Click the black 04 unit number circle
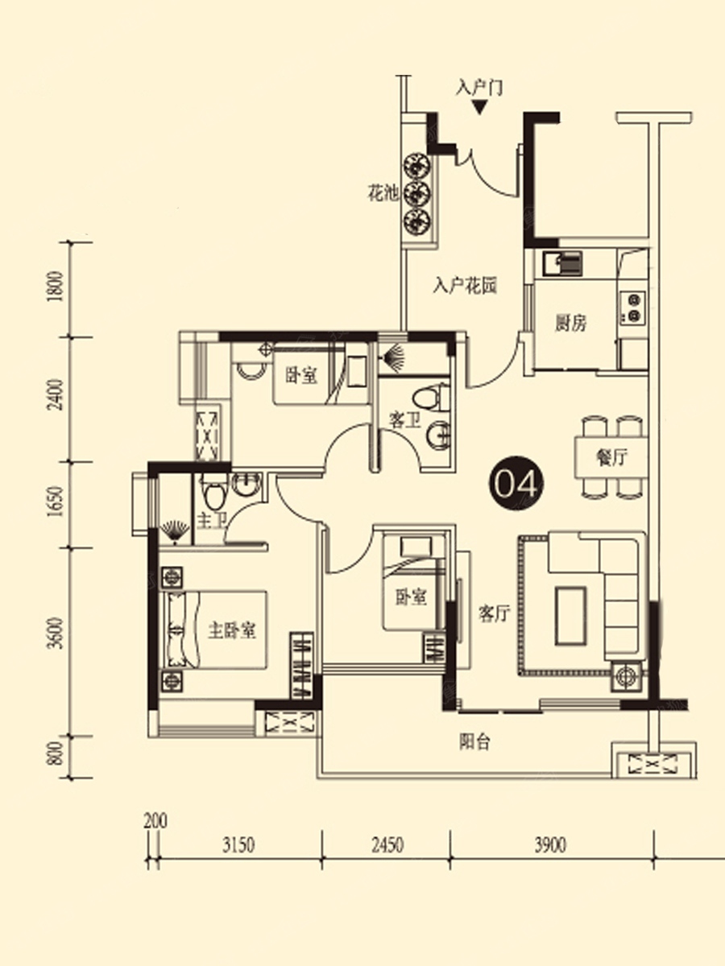pyautogui.click(x=516, y=483)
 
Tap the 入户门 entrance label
pyautogui.click(x=479, y=88)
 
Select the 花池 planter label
pyautogui.click(x=383, y=194)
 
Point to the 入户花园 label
pyautogui.click(x=465, y=286)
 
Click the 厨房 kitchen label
pyautogui.click(x=570, y=324)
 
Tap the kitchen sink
pyautogui.click(x=561, y=264)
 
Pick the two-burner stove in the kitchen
pyautogui.click(x=633, y=307)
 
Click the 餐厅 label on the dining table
pyautogui.click(x=611, y=458)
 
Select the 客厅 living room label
pyautogui.click(x=495, y=613)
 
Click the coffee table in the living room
pyautogui.click(x=570, y=617)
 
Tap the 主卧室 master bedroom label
pyautogui.click(x=231, y=630)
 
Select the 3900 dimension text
pyautogui.click(x=551, y=845)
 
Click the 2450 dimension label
pyautogui.click(x=387, y=845)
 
